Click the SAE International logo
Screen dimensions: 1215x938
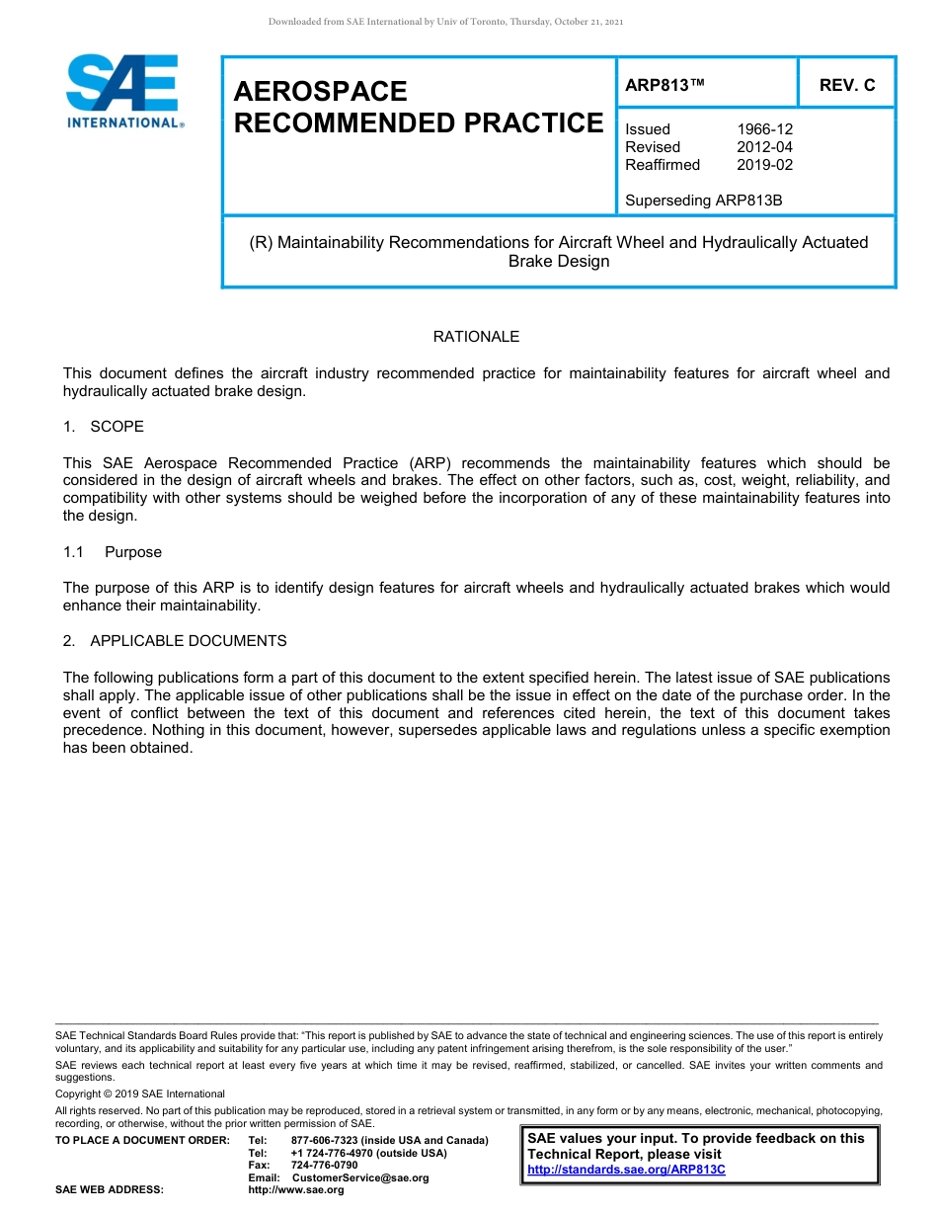click(x=123, y=92)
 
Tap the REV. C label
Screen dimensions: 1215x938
click(x=846, y=85)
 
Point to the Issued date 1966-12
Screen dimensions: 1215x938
click(x=764, y=129)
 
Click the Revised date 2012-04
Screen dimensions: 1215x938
click(x=764, y=147)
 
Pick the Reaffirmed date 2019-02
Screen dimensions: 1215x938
click(x=764, y=165)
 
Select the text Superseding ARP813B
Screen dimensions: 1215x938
click(x=703, y=201)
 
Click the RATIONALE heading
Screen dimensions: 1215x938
click(x=476, y=337)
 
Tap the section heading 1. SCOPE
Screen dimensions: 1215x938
click(x=104, y=427)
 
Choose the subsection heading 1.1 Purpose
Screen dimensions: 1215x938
click(x=113, y=552)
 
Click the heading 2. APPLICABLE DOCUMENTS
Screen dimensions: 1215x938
click(x=175, y=641)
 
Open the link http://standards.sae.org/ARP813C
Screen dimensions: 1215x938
click(x=626, y=1170)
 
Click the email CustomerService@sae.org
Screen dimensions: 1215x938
click(x=360, y=1177)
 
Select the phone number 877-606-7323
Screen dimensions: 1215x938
click(x=325, y=1141)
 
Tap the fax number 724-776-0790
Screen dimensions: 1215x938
click(x=325, y=1166)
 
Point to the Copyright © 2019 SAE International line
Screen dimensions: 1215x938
click(x=140, y=1093)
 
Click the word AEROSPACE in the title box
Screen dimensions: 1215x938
click(x=320, y=92)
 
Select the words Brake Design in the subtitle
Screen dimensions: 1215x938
click(x=559, y=262)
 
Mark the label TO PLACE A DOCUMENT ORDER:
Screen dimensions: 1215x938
click(x=142, y=1141)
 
